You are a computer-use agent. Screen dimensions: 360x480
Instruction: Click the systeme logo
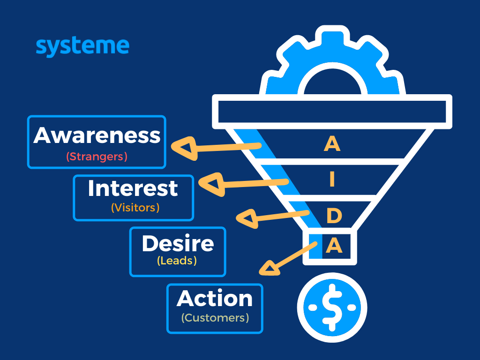pyautogui.click(x=82, y=47)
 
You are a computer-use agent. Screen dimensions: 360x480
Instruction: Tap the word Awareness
pyautogui.click(x=97, y=135)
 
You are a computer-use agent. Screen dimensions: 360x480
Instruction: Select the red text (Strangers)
pyautogui.click(x=97, y=157)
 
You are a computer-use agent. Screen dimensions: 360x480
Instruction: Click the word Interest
pyautogui.click(x=133, y=188)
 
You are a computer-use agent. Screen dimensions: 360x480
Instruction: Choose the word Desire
pyautogui.click(x=178, y=243)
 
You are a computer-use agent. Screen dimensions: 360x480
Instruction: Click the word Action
pyautogui.click(x=215, y=299)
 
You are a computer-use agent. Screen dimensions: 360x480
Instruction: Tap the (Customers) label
pyautogui.click(x=215, y=318)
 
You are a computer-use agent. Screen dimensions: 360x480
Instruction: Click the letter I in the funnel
pyautogui.click(x=332, y=180)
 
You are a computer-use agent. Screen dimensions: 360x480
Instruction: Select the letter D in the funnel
pyautogui.click(x=334, y=216)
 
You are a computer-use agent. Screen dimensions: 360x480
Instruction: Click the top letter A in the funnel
pyautogui.click(x=332, y=144)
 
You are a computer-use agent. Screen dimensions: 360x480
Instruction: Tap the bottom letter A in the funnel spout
pyautogui.click(x=334, y=245)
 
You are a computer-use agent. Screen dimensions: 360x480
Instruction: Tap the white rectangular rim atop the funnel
pyautogui.click(x=332, y=112)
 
